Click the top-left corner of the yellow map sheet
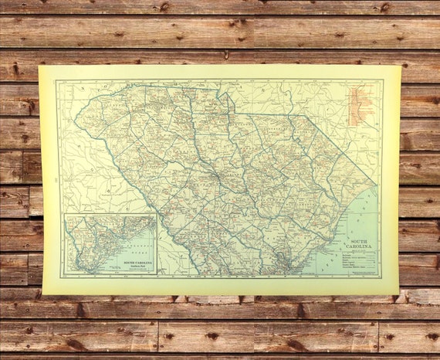point(40,66)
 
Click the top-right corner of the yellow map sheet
point(401,66)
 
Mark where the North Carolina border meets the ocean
point(376,185)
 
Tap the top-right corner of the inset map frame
point(156,214)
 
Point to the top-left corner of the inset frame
point(64,214)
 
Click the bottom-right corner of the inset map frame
point(156,275)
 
